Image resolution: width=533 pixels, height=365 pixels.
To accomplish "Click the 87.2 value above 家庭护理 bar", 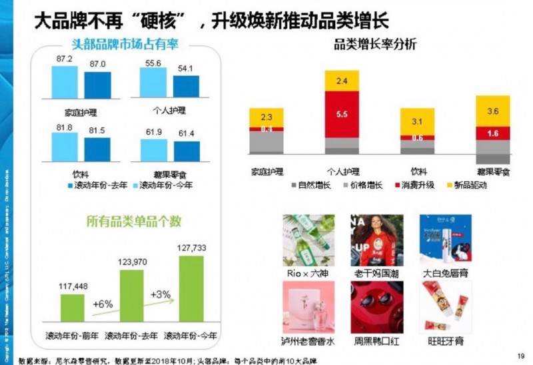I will (x=65, y=59).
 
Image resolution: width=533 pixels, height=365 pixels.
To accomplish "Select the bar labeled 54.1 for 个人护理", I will (x=186, y=87).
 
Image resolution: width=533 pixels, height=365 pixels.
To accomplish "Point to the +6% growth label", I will (x=103, y=304).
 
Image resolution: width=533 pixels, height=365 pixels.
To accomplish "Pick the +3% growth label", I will (x=161, y=294).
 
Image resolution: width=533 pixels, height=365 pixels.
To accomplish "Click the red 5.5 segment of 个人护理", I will (x=342, y=115).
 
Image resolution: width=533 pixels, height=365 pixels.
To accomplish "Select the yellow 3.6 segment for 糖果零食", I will (x=493, y=111).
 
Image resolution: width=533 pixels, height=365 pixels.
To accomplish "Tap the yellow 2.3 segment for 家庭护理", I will (x=266, y=117).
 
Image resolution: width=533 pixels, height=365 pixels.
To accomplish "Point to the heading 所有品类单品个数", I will (x=133, y=221).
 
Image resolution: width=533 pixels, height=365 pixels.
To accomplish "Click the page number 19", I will (x=520, y=354).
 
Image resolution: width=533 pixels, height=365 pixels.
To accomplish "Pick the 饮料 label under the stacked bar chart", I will (x=418, y=171).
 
